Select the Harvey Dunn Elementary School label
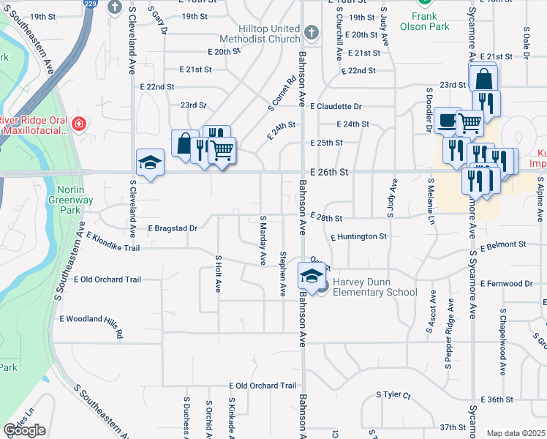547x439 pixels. coord(374,287)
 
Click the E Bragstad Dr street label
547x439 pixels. coord(173,228)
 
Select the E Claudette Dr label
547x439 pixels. coord(336,106)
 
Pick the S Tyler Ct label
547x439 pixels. coord(394,394)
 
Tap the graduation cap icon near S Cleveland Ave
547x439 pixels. coord(150,162)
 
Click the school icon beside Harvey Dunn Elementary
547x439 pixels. coord(311,275)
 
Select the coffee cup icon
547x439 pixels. coord(446,121)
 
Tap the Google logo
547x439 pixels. coord(24,430)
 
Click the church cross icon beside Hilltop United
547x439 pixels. coord(312,32)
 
